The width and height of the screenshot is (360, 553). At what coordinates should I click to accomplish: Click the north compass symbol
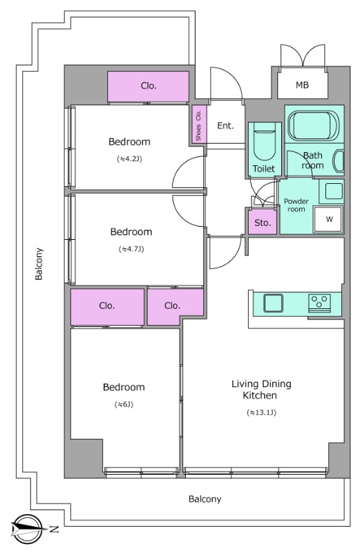[x=28, y=529]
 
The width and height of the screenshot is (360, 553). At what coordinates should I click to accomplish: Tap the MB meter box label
[x=302, y=85]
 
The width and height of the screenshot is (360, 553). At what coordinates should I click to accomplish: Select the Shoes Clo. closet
[x=199, y=124]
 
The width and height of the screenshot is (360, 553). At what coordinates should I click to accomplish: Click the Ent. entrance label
[x=225, y=126]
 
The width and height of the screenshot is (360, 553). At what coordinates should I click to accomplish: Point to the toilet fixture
[x=265, y=145]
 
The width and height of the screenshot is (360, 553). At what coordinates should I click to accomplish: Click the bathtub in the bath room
[x=313, y=126]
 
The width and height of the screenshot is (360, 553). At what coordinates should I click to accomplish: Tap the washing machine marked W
[x=329, y=219]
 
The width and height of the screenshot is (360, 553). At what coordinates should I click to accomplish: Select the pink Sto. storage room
[x=263, y=222]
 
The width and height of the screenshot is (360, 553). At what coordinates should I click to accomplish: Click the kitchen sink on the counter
[x=273, y=303]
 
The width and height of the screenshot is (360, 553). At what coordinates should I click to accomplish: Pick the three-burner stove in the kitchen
[x=320, y=303]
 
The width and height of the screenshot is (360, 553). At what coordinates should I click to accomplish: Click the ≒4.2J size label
[x=129, y=159]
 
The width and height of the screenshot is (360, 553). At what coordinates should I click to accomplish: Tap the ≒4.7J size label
[x=131, y=249]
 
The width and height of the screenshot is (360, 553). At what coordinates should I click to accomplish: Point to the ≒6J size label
[x=124, y=404]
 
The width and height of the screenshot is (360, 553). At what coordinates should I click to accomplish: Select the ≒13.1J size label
[x=262, y=412]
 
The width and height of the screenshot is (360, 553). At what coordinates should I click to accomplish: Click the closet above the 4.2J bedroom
[x=148, y=86]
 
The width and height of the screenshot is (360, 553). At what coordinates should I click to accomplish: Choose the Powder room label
[x=296, y=205]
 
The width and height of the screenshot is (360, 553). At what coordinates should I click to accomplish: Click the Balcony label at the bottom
[x=205, y=499]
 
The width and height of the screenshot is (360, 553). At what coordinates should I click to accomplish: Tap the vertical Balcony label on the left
[x=39, y=264]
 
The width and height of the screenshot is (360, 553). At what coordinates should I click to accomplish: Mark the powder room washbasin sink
[x=331, y=191]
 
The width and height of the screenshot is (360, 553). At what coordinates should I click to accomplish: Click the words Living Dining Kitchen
[x=261, y=389]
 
